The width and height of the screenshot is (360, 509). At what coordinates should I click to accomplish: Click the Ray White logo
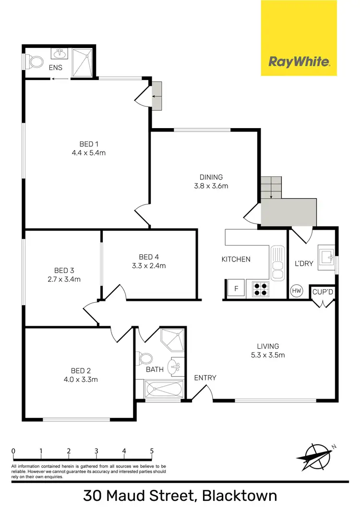(299, 61)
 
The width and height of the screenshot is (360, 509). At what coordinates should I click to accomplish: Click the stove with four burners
(261, 288)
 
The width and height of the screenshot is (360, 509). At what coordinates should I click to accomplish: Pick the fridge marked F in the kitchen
(236, 289)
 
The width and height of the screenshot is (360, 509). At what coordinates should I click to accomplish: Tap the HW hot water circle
(296, 291)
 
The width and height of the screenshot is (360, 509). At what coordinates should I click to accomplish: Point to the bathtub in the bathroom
(160, 389)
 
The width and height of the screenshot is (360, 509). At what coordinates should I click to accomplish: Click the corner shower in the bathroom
(173, 340)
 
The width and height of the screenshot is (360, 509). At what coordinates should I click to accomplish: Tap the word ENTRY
(205, 378)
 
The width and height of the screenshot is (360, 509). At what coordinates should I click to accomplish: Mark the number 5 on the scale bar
(152, 451)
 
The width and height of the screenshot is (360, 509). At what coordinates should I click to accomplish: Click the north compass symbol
(315, 458)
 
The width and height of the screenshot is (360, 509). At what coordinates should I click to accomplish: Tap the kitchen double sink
(277, 263)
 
